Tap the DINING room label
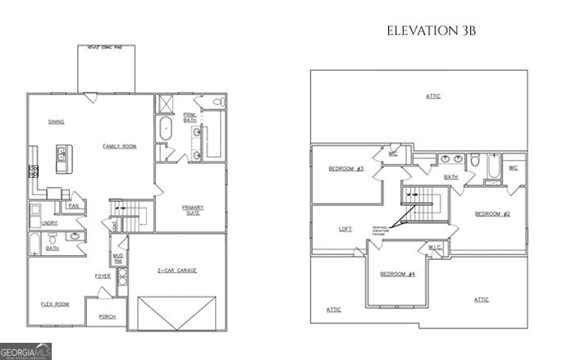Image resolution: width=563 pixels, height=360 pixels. point(57,121)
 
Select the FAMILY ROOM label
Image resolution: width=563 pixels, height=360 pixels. point(119,146)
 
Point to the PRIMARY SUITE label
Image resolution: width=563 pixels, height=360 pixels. point(191,211)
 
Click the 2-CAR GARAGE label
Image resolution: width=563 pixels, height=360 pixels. point(176,271)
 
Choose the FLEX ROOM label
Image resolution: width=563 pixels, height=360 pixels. point(55,303)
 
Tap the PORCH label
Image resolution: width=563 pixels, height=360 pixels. point(107,317)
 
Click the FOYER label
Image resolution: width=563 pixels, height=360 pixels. point(103,276)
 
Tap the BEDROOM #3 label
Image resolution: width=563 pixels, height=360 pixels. point(346,169)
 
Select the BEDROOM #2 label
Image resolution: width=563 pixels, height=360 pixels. point(493,214)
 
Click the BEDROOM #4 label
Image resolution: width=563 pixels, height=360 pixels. point(397,273)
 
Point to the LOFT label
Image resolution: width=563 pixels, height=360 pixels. point(346,229)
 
